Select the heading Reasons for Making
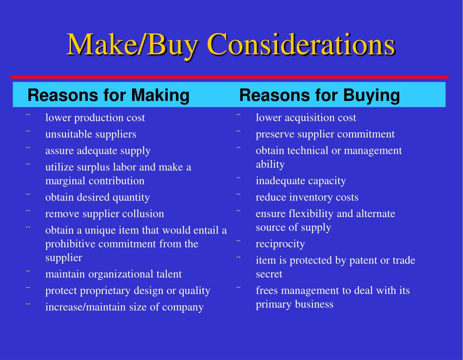(109, 95)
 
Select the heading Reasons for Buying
(320, 95)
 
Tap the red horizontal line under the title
(229, 77)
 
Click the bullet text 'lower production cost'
(95, 118)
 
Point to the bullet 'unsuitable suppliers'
(90, 134)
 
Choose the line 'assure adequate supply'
(98, 151)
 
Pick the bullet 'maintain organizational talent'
(113, 274)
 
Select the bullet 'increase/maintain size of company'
(124, 307)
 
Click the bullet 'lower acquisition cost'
(306, 118)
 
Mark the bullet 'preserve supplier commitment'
(325, 134)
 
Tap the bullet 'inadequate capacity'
(301, 181)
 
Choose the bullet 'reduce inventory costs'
(307, 197)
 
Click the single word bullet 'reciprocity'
(280, 244)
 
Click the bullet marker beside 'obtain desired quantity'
(28, 195)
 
